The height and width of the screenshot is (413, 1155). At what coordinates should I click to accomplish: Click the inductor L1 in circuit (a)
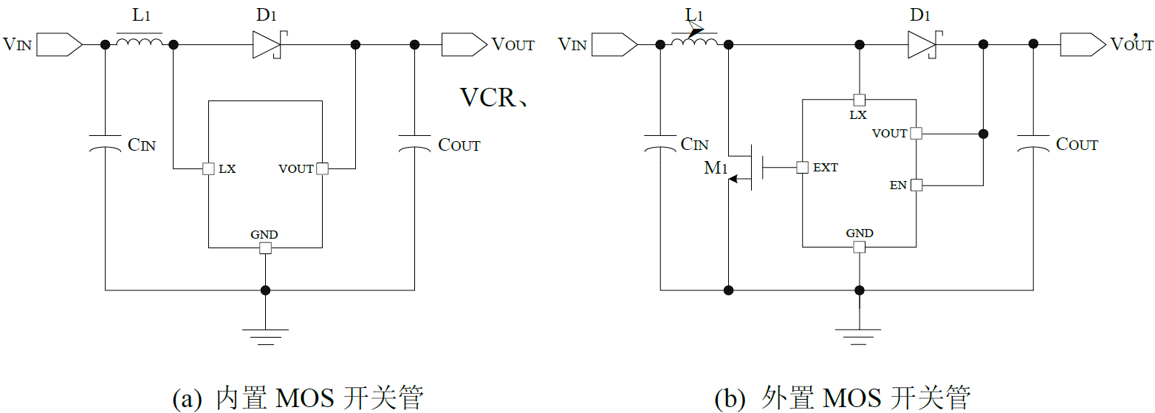(x=140, y=44)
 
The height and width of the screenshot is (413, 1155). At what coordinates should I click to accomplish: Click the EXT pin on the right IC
(x=802, y=168)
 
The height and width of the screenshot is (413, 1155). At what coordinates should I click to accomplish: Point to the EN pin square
(x=916, y=185)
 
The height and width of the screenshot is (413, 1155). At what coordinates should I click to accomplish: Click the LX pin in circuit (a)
(x=208, y=169)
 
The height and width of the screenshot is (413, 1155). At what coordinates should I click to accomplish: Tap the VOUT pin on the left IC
(x=322, y=169)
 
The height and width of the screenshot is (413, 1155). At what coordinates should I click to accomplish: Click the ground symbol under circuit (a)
(x=265, y=336)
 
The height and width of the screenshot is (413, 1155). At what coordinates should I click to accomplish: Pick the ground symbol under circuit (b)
(x=859, y=336)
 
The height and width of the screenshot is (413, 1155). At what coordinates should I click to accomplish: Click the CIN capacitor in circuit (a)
(x=105, y=143)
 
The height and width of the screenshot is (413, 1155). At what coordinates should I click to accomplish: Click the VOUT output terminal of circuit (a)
(x=463, y=45)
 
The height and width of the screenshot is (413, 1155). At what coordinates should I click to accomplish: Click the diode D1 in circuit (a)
(x=267, y=45)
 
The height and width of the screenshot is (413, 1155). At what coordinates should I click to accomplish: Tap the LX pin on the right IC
(x=859, y=100)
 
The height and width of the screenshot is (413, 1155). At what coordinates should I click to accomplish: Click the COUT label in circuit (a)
(x=459, y=145)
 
